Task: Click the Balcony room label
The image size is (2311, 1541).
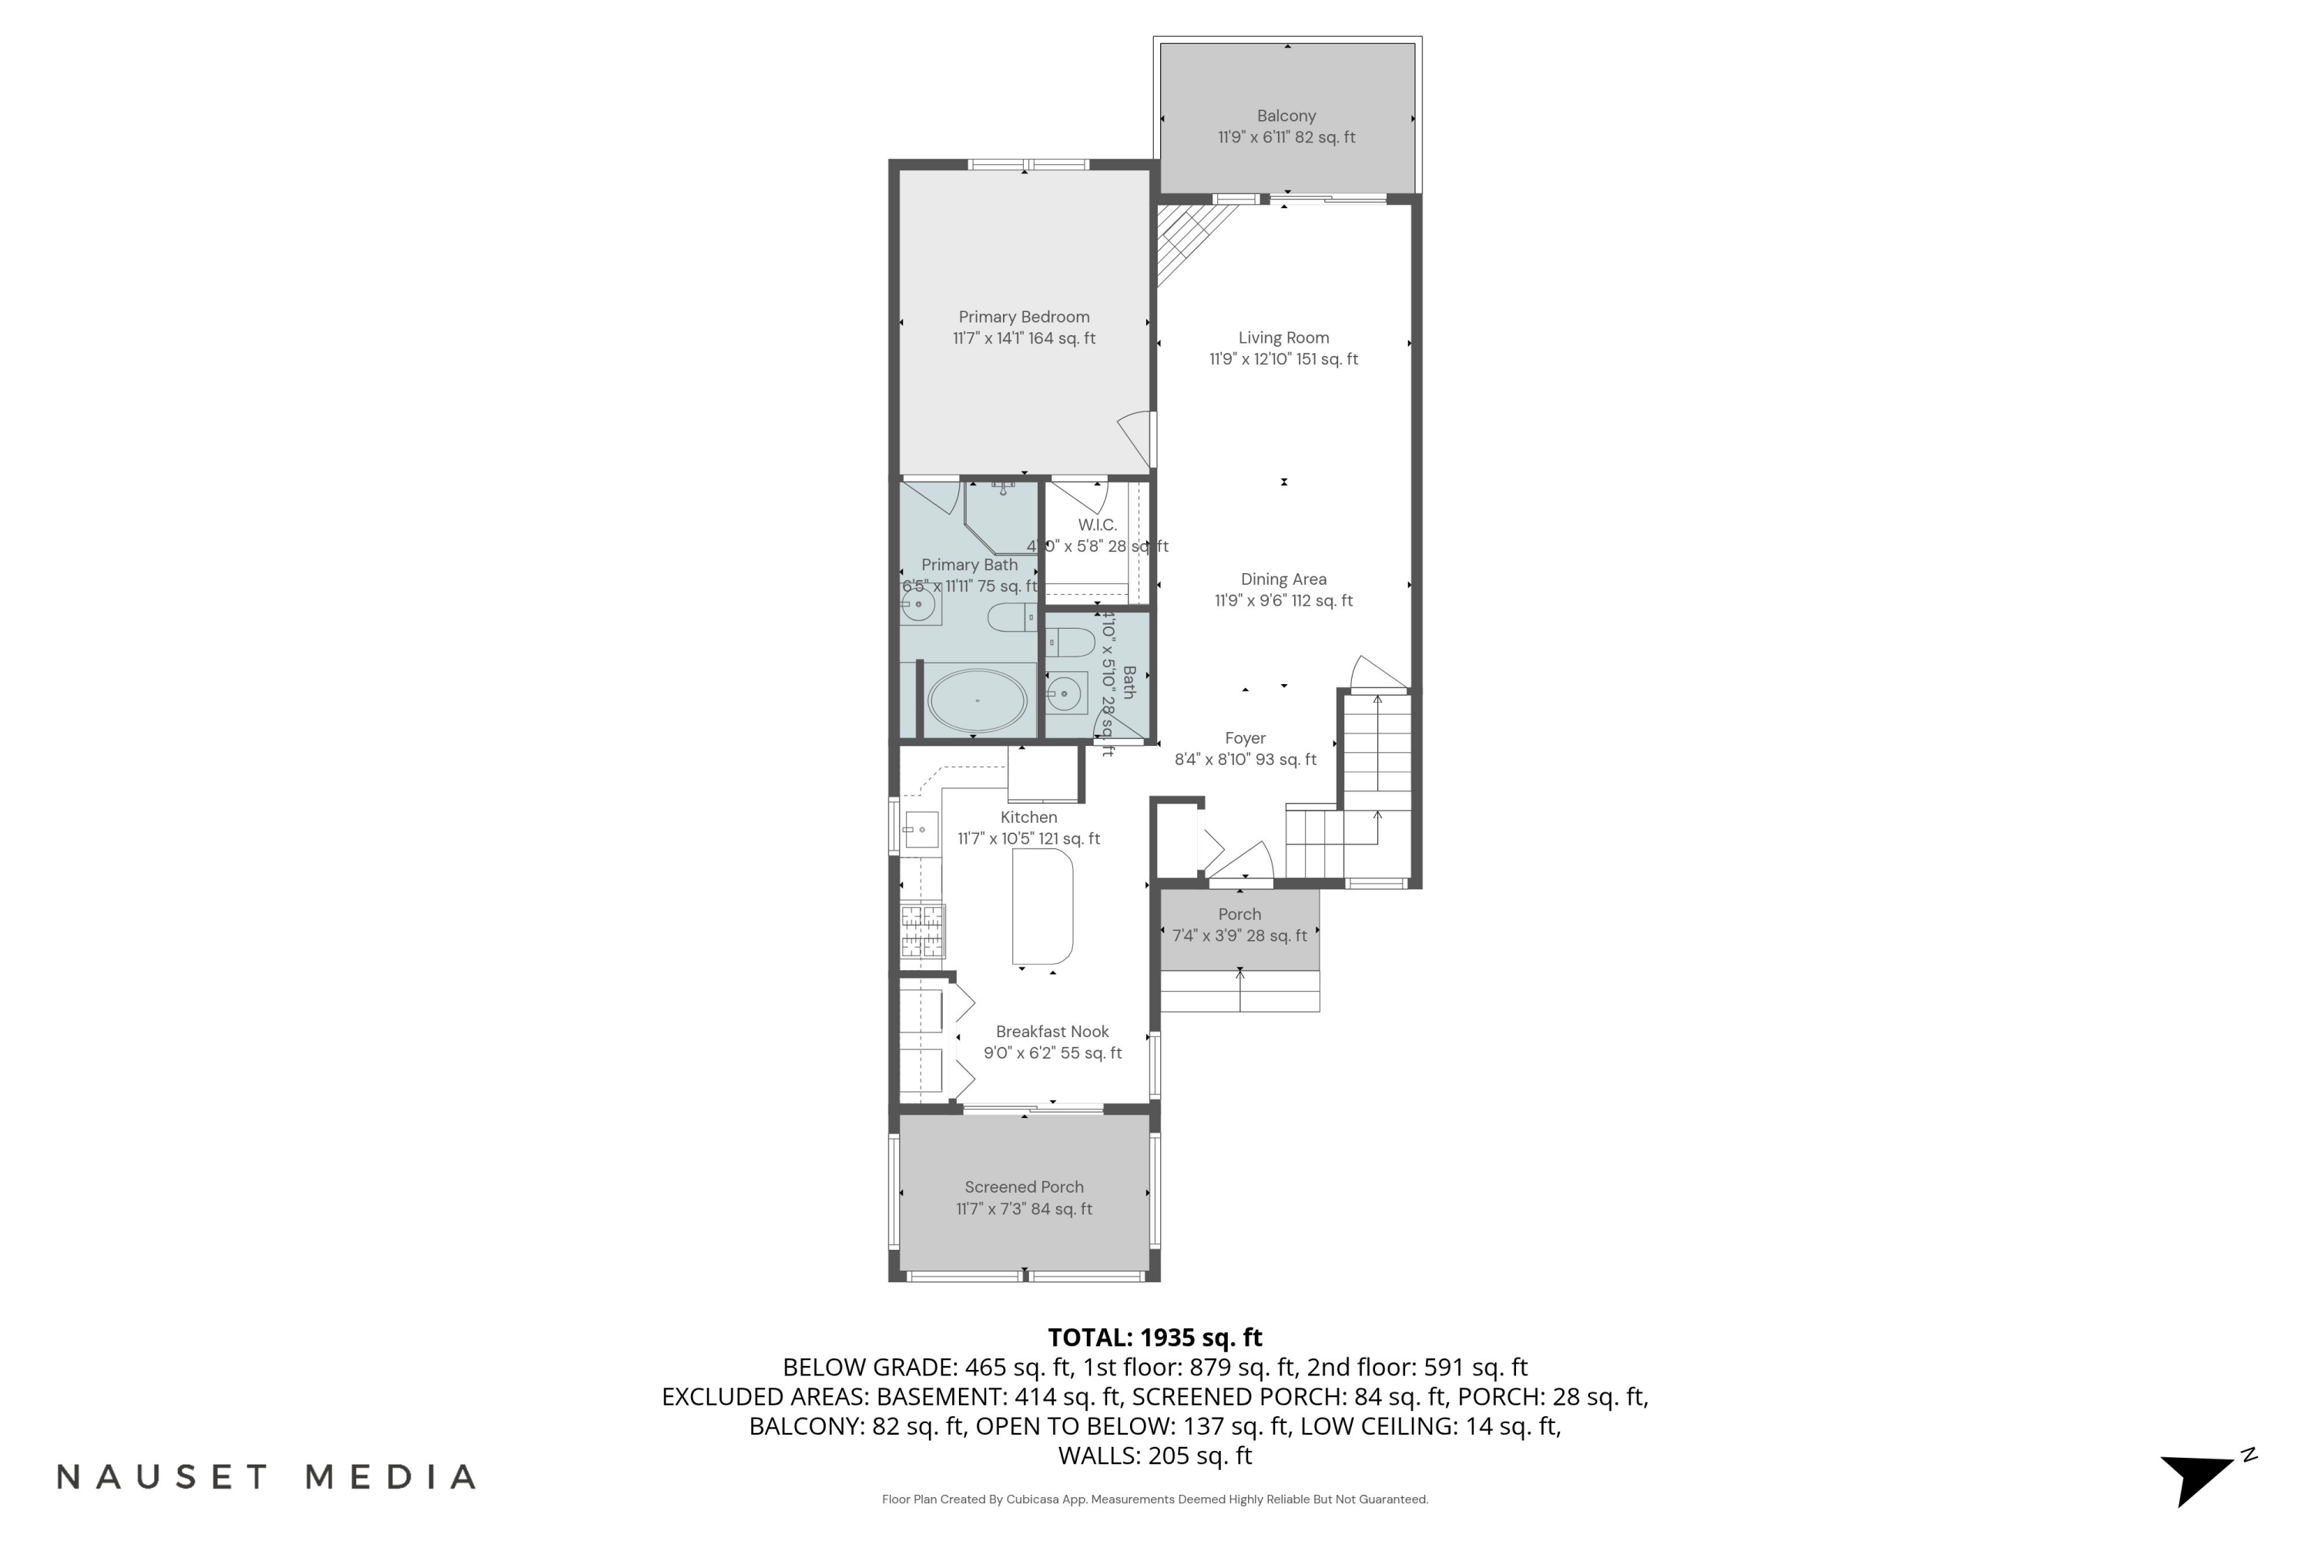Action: (x=1286, y=116)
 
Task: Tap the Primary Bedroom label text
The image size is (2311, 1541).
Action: (x=1024, y=317)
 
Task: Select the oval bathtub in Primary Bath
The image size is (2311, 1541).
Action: (x=978, y=700)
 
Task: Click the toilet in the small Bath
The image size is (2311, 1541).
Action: (x=1071, y=643)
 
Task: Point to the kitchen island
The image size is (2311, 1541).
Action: (x=1042, y=906)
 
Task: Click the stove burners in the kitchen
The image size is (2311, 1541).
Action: (x=923, y=931)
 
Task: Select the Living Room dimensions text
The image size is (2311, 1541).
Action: (x=1283, y=360)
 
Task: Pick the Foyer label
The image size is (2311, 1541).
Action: (x=1245, y=738)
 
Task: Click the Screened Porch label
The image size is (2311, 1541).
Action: (x=1024, y=1187)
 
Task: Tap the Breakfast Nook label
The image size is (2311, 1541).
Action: (x=1052, y=1031)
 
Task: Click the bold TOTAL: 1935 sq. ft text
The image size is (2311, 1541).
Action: (x=1155, y=1338)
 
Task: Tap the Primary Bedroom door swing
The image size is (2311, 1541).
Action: (x=1137, y=438)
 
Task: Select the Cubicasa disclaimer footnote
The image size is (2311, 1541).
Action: (x=1155, y=1499)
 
